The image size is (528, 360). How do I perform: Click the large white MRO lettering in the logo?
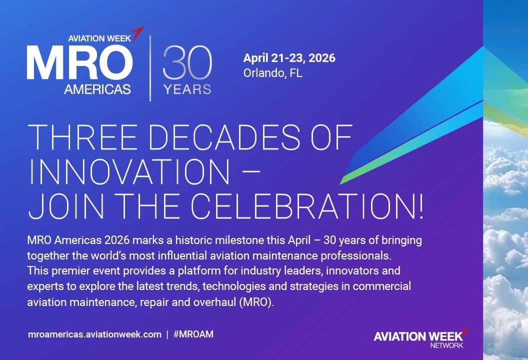[79, 64]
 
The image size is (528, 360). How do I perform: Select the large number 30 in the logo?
[187, 62]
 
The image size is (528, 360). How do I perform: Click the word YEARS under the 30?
[187, 90]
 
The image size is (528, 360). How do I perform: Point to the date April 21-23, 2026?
[289, 58]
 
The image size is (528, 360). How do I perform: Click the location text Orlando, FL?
[272, 73]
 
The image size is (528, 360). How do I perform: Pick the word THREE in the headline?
[71, 137]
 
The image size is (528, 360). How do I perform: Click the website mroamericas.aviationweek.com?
[95, 334]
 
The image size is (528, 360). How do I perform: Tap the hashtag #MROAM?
[193, 334]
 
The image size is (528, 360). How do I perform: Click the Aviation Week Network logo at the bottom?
[420, 337]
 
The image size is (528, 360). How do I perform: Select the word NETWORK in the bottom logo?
[446, 345]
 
